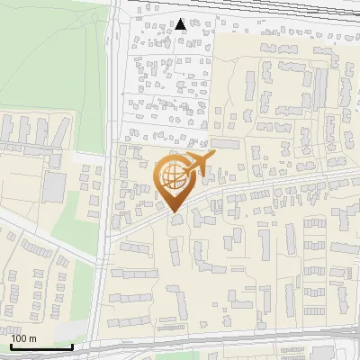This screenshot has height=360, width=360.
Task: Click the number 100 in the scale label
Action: pyautogui.click(x=20, y=337)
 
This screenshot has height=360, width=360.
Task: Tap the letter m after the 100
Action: pyautogui.click(x=32, y=337)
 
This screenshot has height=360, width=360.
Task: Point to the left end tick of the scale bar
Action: pyautogui.click(x=11, y=346)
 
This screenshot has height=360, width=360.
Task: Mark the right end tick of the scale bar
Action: pyautogui.click(x=72, y=346)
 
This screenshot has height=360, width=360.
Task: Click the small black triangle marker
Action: pyautogui.click(x=181, y=24)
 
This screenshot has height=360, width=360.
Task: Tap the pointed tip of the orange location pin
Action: pyautogui.click(x=175, y=211)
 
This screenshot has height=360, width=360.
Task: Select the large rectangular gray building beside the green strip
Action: pyautogui.click(x=53, y=186)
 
